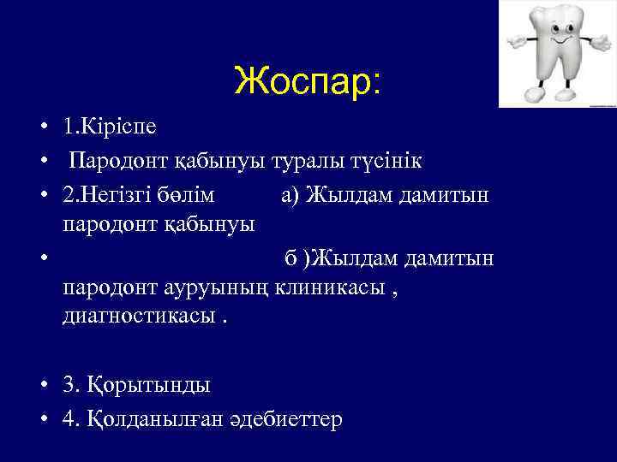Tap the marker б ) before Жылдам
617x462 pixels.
click(x=297, y=258)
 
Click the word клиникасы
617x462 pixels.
click(x=329, y=288)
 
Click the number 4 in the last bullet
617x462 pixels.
click(x=68, y=418)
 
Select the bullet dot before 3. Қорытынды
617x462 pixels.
click(x=41, y=385)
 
